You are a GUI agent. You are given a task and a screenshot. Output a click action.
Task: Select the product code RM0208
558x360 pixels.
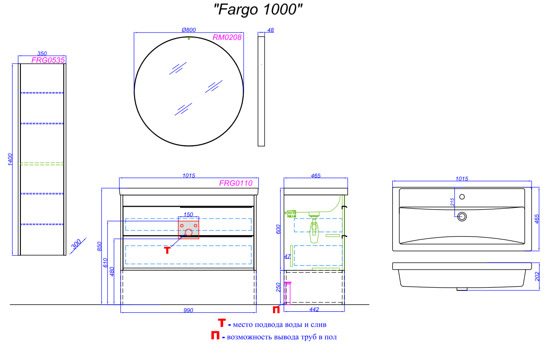click(x=227, y=38)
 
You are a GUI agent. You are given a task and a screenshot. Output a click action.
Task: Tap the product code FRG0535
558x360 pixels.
click(x=48, y=60)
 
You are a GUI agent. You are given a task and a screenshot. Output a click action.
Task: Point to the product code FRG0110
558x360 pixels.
click(x=236, y=183)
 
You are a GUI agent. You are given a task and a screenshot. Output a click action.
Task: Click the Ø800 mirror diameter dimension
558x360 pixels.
click(x=188, y=30)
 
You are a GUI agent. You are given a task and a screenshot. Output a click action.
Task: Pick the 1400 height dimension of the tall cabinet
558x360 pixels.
click(x=10, y=160)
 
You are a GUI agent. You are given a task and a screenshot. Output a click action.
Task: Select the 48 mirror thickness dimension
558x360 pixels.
click(x=271, y=30)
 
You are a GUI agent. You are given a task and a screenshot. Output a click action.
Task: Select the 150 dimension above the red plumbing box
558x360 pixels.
click(x=188, y=214)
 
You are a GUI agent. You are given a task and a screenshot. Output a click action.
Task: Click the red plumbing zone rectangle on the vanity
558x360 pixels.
click(x=188, y=228)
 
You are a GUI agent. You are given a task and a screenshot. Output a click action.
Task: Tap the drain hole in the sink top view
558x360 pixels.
click(x=462, y=216)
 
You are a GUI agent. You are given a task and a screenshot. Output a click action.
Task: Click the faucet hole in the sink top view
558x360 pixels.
click(x=462, y=195)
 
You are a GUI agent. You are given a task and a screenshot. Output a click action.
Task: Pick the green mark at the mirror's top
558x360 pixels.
click(x=189, y=38)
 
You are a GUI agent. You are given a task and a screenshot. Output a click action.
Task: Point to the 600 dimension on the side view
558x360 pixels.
click(x=279, y=229)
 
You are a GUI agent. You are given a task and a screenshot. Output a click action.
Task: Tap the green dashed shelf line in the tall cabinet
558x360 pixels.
click(x=42, y=163)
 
